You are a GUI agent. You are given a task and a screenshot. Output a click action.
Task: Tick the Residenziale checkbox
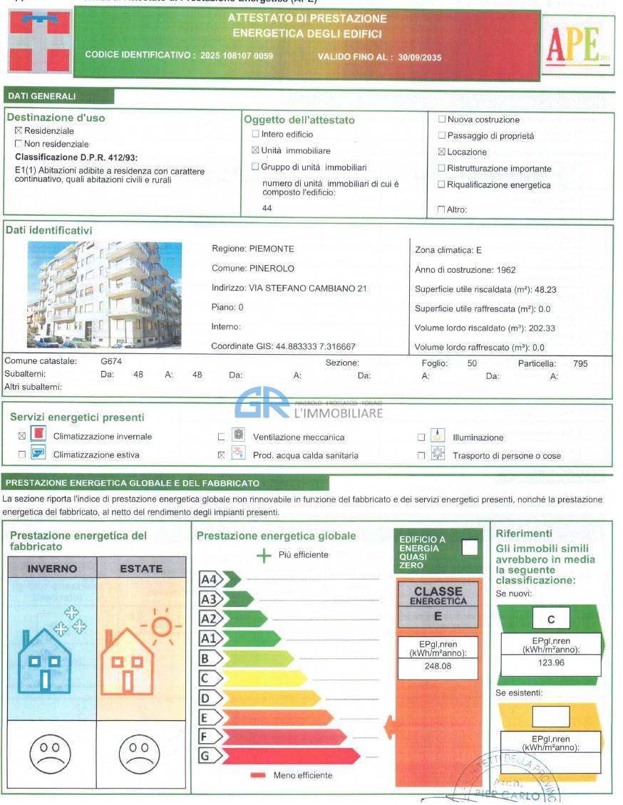[x=19, y=131]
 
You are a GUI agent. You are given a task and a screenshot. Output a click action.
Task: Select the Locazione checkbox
[x=442, y=152]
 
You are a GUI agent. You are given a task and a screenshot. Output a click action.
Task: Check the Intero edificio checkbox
[x=256, y=134]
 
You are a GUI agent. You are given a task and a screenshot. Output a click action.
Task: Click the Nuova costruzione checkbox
[x=442, y=120]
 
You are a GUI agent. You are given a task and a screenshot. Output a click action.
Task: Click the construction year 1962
[x=505, y=270]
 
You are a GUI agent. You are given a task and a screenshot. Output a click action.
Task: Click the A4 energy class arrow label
[x=208, y=579]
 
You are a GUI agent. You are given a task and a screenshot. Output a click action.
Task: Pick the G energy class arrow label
[x=205, y=756]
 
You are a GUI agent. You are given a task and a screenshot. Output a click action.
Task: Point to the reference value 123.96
[x=550, y=663]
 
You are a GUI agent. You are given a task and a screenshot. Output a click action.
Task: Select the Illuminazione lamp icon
[x=438, y=437]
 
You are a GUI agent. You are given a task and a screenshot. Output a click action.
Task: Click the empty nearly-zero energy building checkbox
[x=470, y=547]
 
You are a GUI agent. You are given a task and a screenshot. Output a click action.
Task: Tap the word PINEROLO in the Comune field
[x=272, y=269]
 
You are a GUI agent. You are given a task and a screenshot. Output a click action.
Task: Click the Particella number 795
[x=580, y=363]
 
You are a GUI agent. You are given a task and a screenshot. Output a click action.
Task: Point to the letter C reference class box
[x=550, y=619]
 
